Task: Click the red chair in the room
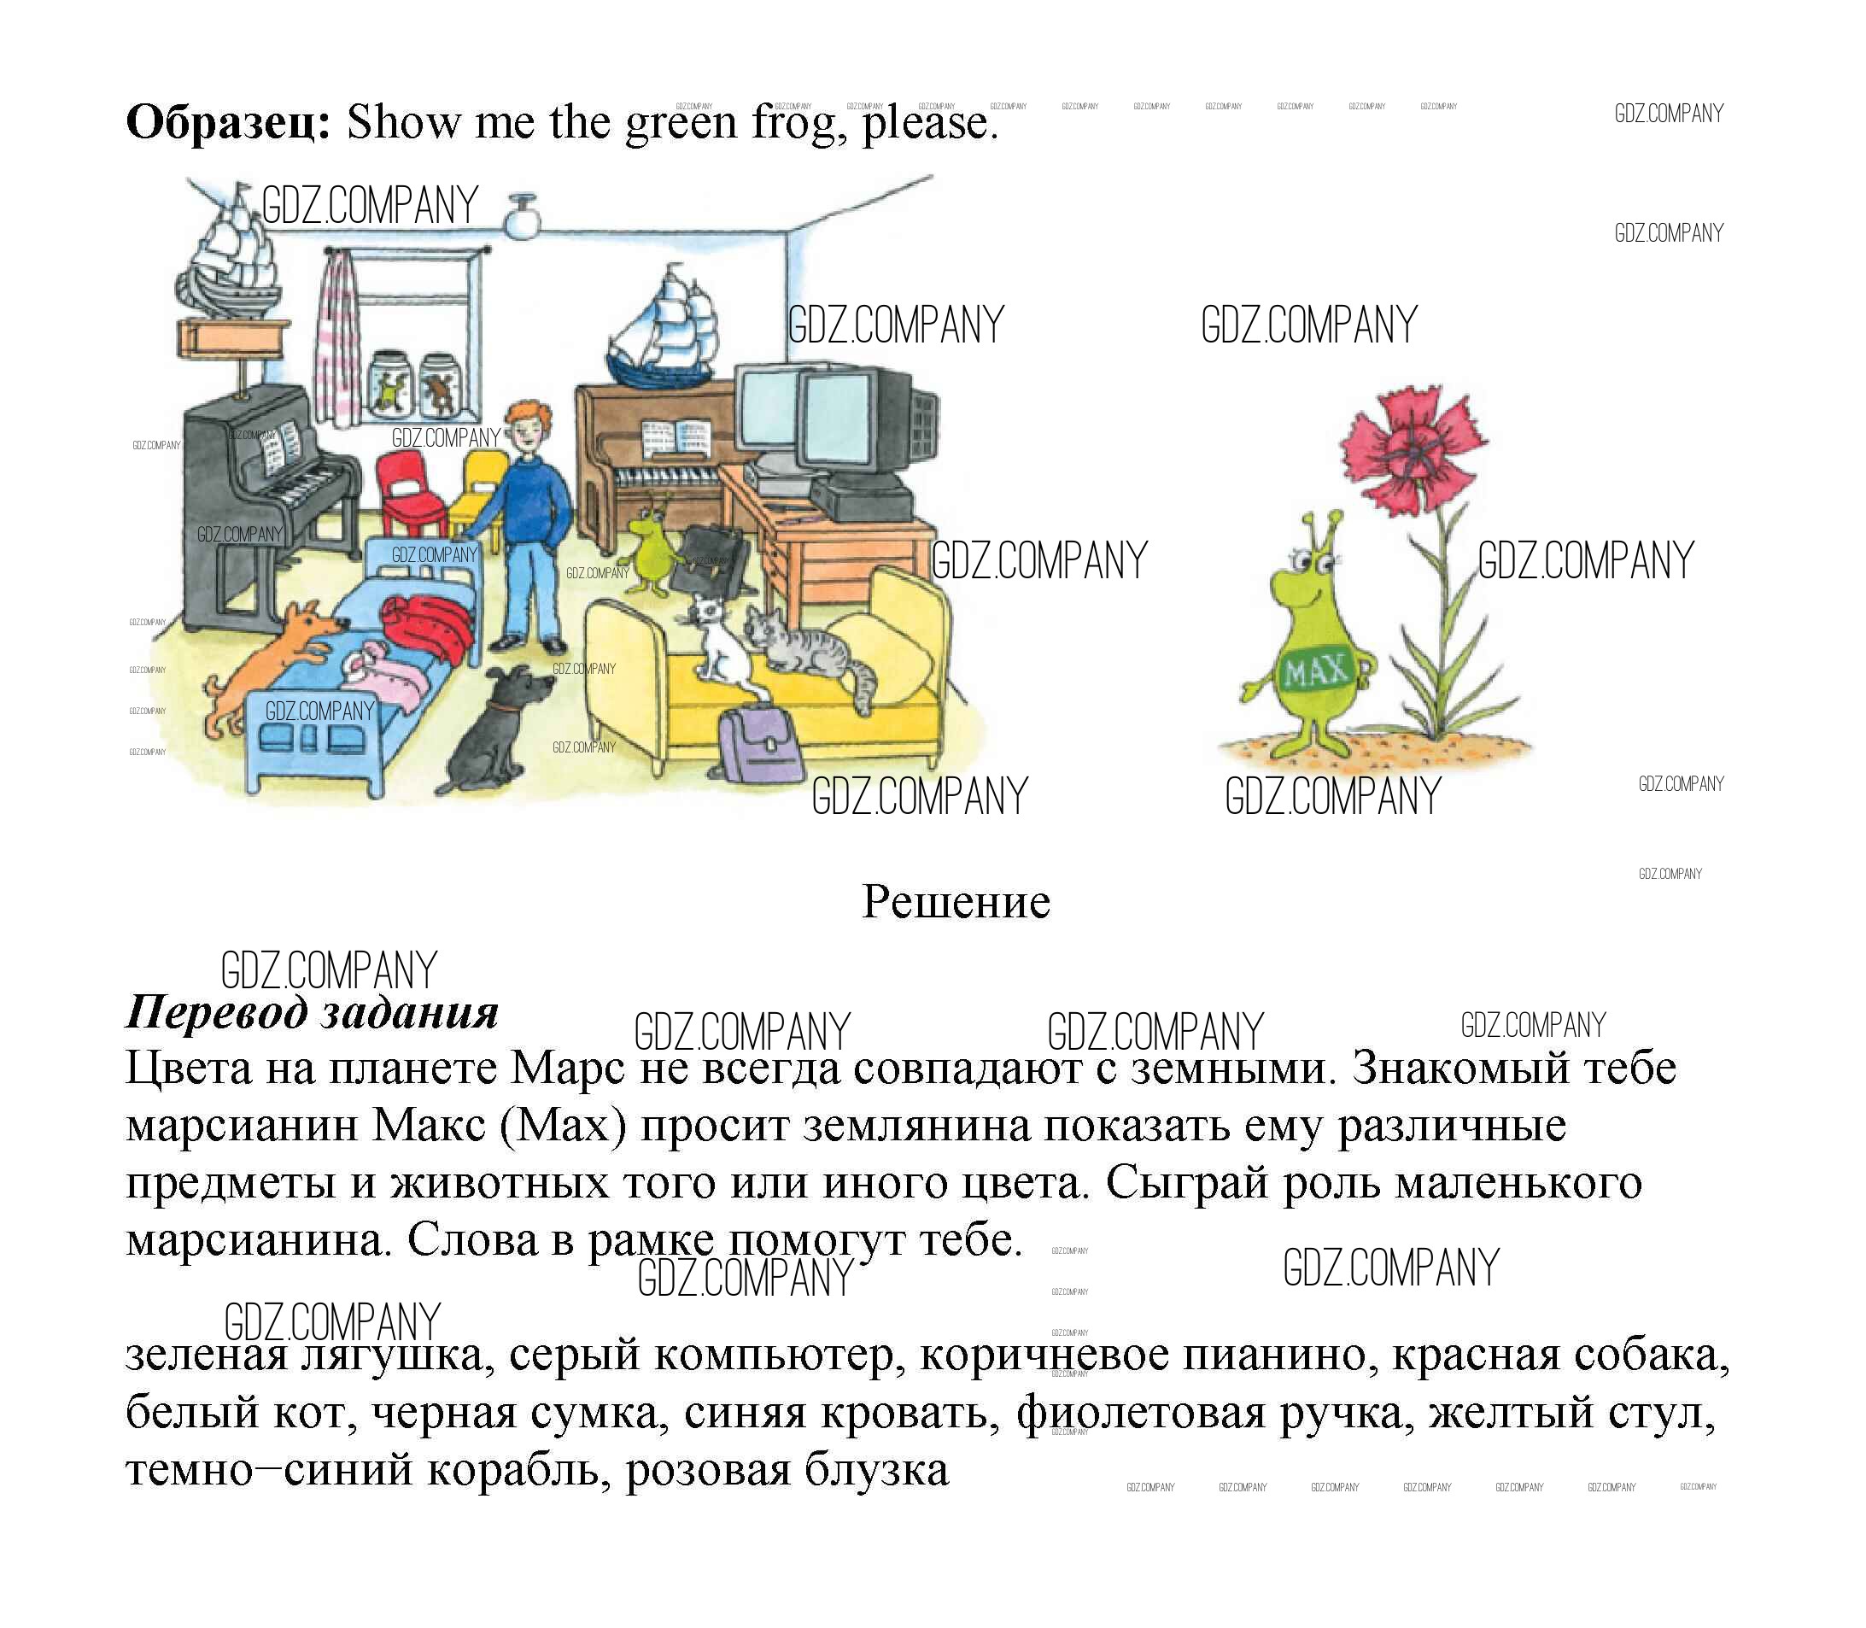(409, 495)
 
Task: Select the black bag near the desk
(713, 559)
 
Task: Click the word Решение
(956, 902)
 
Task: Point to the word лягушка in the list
(397, 1356)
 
